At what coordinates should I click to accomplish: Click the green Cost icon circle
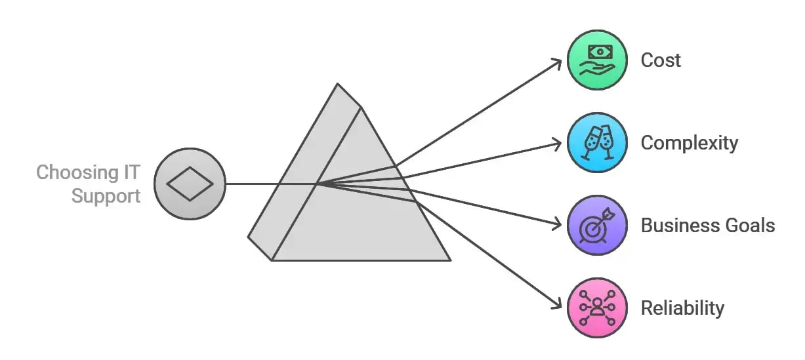pyautogui.click(x=596, y=60)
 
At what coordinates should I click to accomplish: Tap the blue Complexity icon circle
pyautogui.click(x=596, y=142)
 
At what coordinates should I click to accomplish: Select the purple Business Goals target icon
pyautogui.click(x=596, y=225)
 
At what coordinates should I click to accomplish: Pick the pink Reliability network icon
pyautogui.click(x=596, y=308)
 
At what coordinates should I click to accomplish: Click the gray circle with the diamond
pyautogui.click(x=190, y=184)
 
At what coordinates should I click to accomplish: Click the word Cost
pyautogui.click(x=661, y=60)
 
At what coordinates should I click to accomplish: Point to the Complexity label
pyautogui.click(x=689, y=143)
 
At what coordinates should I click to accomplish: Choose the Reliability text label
pyautogui.click(x=682, y=308)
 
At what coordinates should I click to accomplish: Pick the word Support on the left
pyautogui.click(x=106, y=195)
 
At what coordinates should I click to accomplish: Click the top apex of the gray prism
pyautogui.click(x=338, y=85)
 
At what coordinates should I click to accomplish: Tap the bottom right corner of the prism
pyautogui.click(x=449, y=260)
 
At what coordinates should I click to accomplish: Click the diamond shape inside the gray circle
pyautogui.click(x=190, y=184)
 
